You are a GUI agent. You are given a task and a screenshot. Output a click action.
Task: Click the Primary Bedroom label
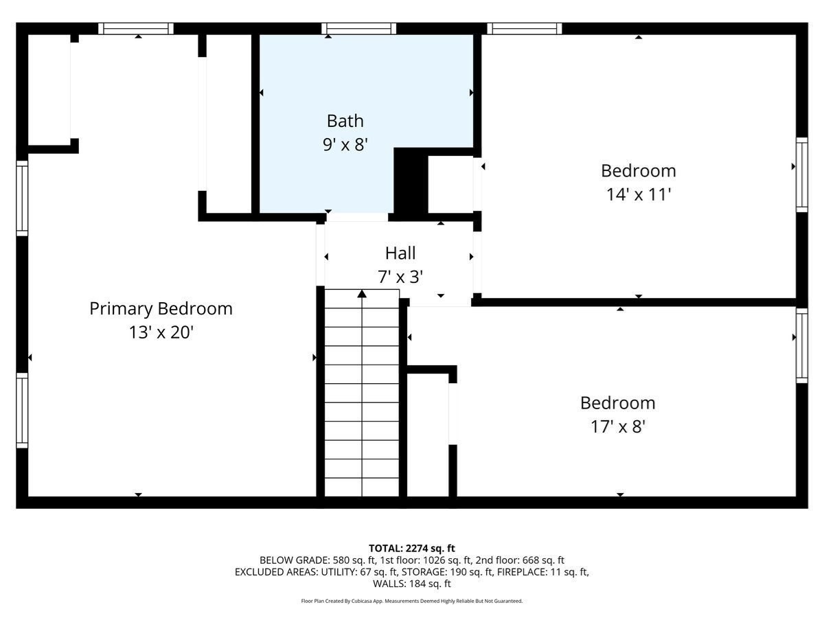pos(161,308)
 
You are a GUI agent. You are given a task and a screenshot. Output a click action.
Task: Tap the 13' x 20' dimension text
pos(161,332)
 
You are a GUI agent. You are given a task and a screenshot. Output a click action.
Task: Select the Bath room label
pos(345,121)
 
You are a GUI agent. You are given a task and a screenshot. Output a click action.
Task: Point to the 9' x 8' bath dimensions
pos(345,145)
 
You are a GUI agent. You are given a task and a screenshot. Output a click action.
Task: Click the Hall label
pos(400,253)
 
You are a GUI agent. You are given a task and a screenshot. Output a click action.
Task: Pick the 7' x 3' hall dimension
pos(400,277)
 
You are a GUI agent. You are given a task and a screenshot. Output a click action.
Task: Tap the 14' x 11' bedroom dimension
pos(638,194)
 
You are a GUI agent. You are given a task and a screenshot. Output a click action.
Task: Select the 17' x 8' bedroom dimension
pos(617,426)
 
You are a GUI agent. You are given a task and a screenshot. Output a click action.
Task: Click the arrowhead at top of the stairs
pos(362,295)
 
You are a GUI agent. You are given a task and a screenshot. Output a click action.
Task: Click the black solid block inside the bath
pos(411,182)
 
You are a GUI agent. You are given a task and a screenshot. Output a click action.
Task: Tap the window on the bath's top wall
pos(358,29)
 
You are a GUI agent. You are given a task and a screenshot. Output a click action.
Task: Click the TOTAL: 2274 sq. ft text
pos(412,548)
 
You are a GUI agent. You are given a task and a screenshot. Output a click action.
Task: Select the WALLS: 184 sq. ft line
pos(412,584)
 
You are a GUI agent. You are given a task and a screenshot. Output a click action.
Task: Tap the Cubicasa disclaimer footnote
pos(412,601)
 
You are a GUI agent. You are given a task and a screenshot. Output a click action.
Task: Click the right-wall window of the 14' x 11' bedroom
pos(801,174)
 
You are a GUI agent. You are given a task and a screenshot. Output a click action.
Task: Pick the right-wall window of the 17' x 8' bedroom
pos(801,345)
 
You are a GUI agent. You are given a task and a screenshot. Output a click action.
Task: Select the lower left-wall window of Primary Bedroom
pos(22,410)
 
